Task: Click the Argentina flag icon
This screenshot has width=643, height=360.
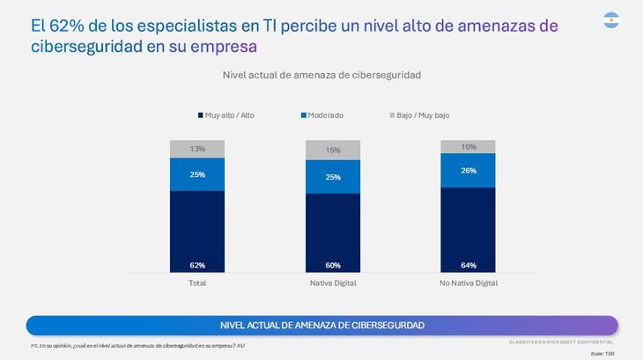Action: coord(611,19)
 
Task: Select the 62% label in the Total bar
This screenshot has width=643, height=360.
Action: coord(197,265)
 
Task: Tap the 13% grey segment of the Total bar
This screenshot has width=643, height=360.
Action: coord(197,149)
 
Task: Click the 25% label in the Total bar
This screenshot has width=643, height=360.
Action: coord(197,174)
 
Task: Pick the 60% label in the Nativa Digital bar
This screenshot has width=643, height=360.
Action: coord(333,265)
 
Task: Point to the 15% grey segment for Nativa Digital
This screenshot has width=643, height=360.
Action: coord(333,151)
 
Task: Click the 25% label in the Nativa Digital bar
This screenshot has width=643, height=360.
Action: coord(333,178)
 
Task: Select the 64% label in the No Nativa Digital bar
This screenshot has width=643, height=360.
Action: coord(468,265)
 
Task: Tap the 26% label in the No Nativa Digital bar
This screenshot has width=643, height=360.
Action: coord(468,170)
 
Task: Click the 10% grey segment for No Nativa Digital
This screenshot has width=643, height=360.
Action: coord(468,146)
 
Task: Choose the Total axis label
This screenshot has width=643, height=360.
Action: coord(197,283)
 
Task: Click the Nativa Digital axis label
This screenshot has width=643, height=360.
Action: coord(333,283)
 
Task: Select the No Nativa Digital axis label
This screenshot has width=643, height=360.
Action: coord(468,283)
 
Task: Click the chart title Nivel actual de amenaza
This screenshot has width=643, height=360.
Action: coord(321,75)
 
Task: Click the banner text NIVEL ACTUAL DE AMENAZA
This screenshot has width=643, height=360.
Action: coord(321,325)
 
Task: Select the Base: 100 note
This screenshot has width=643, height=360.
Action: coord(602,351)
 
